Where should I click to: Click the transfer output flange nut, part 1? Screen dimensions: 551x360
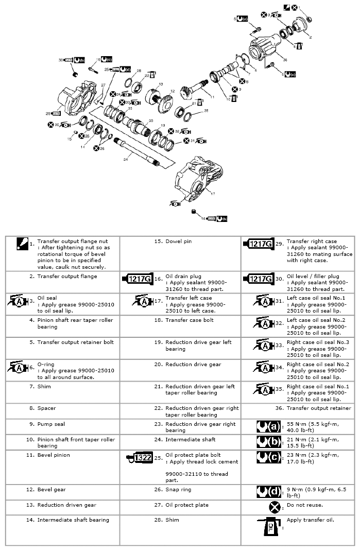pos(308,19)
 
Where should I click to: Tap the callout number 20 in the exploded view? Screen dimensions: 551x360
pos(150,121)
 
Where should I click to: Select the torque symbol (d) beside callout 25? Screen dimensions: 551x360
pos(126,68)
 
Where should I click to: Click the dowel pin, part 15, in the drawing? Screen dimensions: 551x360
pos(76,133)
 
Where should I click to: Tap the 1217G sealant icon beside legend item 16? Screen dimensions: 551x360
pos(136,279)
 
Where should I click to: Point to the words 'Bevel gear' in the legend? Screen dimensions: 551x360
pos(52,489)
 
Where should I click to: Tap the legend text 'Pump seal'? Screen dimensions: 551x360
pos(51,424)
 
